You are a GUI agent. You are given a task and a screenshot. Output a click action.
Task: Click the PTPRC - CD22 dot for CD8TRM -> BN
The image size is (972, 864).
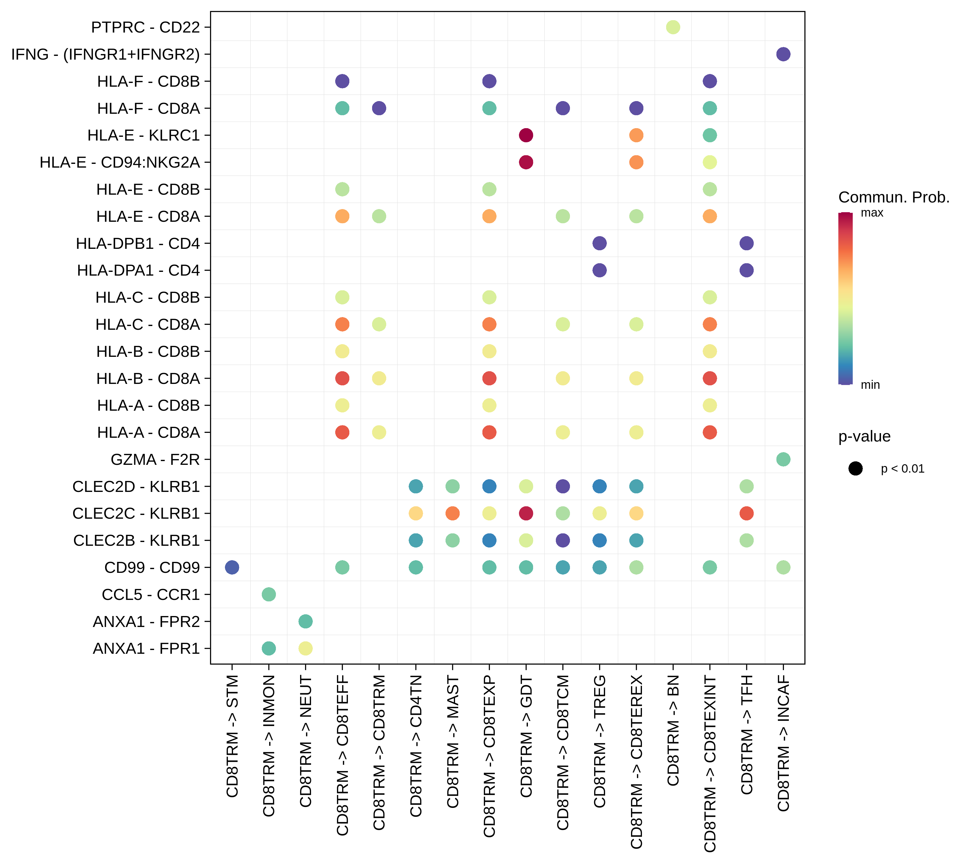pos(672,27)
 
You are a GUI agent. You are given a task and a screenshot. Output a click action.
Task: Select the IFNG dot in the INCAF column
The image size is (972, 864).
pos(783,54)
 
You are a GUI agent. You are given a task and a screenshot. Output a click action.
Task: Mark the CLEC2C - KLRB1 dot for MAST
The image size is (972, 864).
pos(452,513)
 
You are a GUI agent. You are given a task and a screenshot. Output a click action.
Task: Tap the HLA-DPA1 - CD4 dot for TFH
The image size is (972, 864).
pos(746,270)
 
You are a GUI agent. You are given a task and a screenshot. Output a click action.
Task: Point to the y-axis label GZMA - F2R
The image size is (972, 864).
pos(155,459)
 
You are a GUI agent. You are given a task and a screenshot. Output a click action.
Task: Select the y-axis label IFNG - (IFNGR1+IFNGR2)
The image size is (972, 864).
pos(105,54)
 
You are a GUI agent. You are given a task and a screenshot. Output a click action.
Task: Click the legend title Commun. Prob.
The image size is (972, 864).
pos(894,197)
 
